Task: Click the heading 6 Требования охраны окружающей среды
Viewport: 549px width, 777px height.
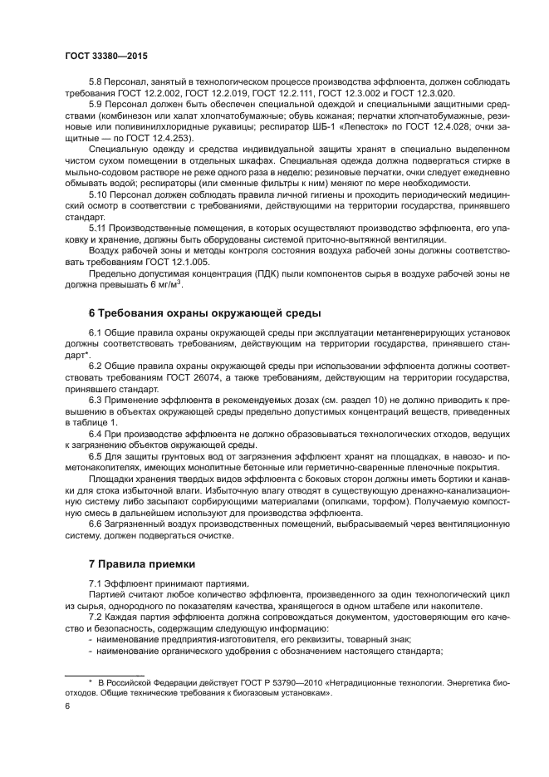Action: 199,312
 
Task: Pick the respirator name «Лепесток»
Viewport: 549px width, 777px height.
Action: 319,126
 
